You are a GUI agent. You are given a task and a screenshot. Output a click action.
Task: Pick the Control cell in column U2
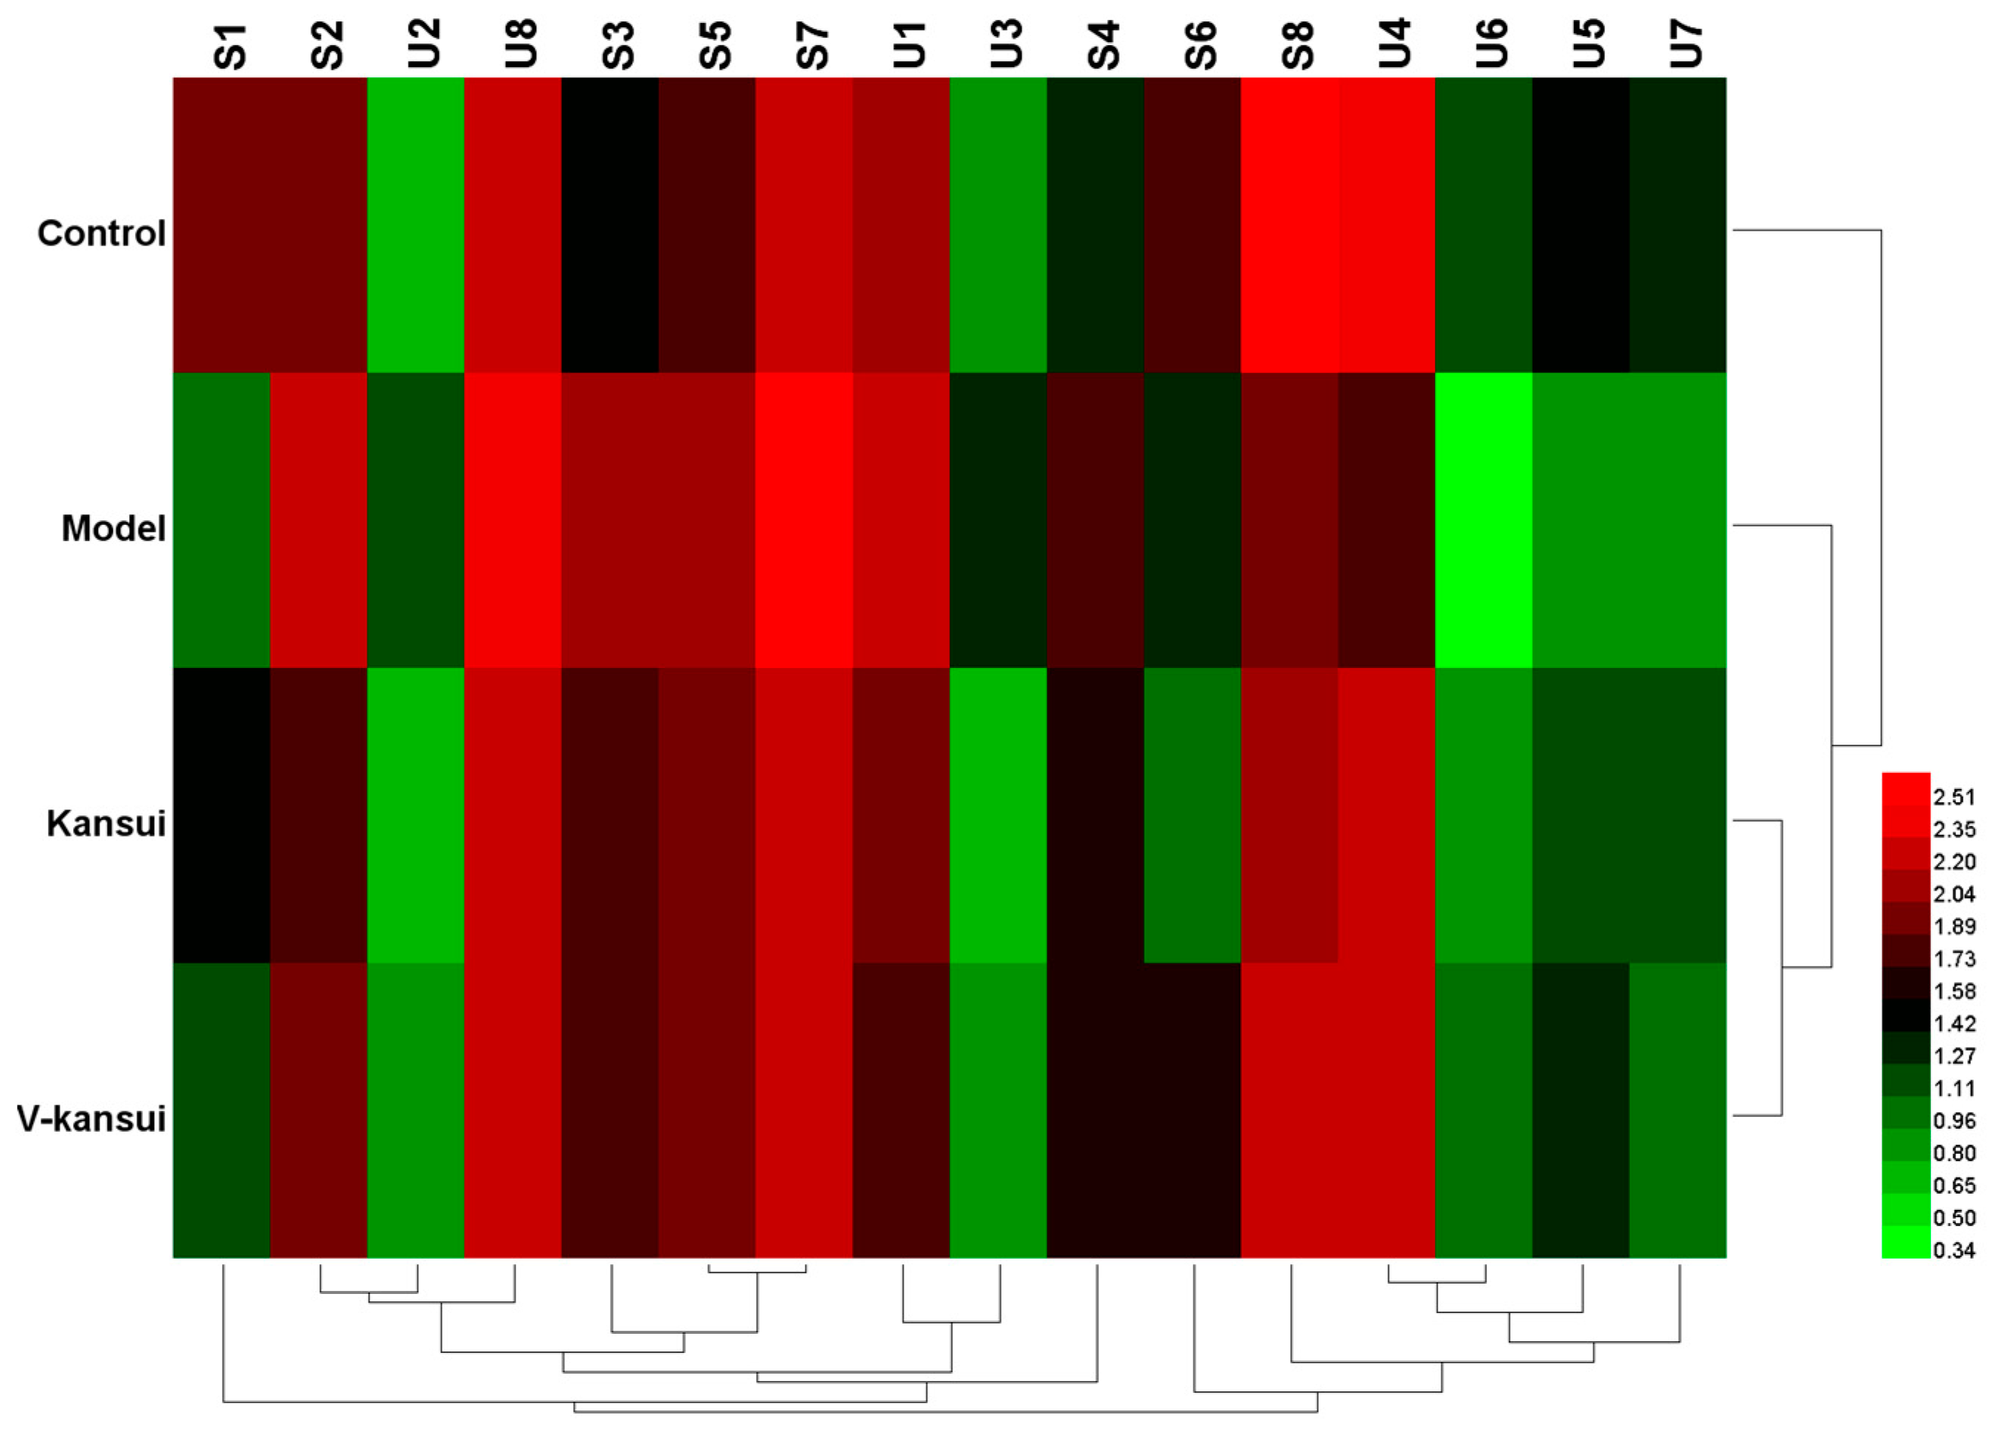[415, 225]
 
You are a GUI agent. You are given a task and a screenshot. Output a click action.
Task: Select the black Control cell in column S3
[610, 225]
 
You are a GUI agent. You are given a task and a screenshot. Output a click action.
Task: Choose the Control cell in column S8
[1290, 225]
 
